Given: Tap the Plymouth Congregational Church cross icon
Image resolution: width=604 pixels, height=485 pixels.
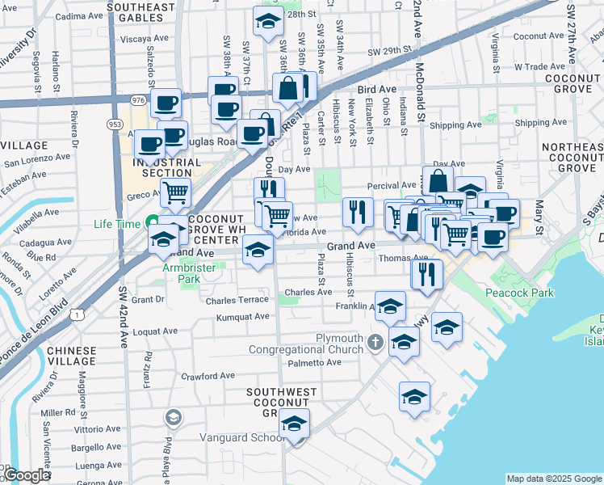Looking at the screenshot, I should click(375, 343).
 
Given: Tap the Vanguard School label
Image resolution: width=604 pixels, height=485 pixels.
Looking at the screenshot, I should click(241, 438).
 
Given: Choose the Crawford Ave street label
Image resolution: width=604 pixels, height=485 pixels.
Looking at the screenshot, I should click(207, 376).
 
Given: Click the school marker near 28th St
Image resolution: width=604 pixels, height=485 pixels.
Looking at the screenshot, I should click(268, 23).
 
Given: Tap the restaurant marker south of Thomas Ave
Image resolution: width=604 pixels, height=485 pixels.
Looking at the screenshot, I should click(426, 272).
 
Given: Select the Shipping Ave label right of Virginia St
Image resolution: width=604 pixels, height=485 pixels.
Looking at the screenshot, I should click(541, 124).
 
